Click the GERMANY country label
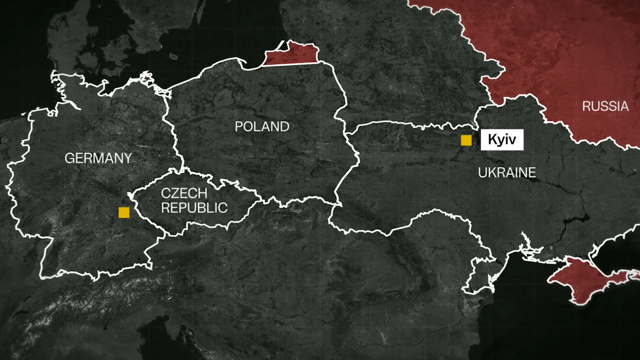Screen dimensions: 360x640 pyautogui.click(x=98, y=158)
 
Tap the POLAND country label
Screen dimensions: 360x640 pyautogui.click(x=262, y=127)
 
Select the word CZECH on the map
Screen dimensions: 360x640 pyautogui.click(x=184, y=193)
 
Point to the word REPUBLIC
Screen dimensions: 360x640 pyautogui.click(x=194, y=208)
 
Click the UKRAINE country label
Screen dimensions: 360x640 pyautogui.click(x=507, y=173)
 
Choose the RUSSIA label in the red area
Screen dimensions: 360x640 pyautogui.click(x=605, y=106)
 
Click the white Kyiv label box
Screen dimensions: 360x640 pyautogui.click(x=502, y=140)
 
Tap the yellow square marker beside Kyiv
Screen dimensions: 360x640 pyautogui.click(x=466, y=140)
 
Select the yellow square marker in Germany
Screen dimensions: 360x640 pyautogui.click(x=124, y=212)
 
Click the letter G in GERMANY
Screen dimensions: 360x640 pyautogui.click(x=70, y=158)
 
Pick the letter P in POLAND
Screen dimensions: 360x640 pyautogui.click(x=239, y=127)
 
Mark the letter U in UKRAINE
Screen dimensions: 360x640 pyautogui.click(x=482, y=173)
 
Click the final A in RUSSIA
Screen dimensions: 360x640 pyautogui.click(x=624, y=106)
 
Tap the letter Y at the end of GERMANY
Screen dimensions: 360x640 pyautogui.click(x=128, y=158)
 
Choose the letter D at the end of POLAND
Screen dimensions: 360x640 pyautogui.click(x=284, y=127)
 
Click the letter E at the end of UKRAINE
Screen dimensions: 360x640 pyautogui.click(x=532, y=173)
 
